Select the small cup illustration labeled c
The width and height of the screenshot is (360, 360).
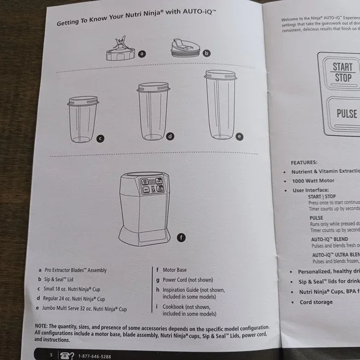tap(83, 119)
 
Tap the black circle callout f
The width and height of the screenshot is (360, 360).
tap(181, 237)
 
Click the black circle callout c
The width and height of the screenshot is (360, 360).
tap(100, 138)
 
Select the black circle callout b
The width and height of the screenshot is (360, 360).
tap(207, 53)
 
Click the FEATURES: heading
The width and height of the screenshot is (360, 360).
tap(304, 162)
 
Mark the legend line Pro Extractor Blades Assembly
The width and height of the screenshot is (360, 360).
tap(75, 270)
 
